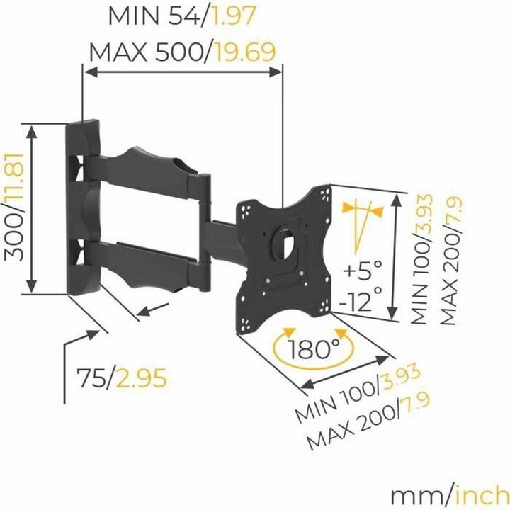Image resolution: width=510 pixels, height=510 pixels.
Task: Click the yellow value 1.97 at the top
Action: pos(234,16)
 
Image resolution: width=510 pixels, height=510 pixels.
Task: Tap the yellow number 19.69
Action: pos(240,52)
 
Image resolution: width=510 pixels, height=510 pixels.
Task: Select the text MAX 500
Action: pos(145,52)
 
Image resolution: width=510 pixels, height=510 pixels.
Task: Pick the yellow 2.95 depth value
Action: pos(142,378)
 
